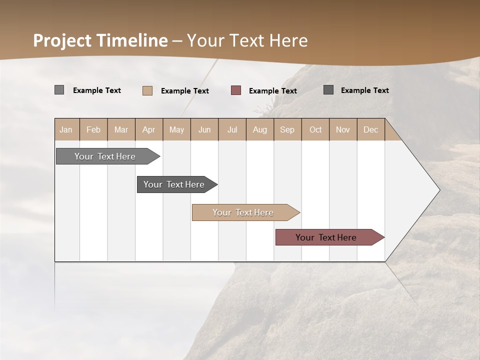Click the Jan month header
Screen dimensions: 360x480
[x=66, y=129]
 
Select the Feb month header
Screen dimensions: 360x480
[x=93, y=129]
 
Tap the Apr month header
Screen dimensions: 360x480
[x=148, y=129]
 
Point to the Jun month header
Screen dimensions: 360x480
[x=204, y=129]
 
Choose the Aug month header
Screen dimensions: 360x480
[x=259, y=129]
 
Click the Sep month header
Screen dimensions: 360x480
[x=287, y=129]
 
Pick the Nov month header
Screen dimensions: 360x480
[x=342, y=129]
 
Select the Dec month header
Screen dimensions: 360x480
[x=370, y=129]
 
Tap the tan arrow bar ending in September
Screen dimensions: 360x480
[x=243, y=212]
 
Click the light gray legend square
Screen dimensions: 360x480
[x=59, y=90]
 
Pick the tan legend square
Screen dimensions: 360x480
[x=147, y=90]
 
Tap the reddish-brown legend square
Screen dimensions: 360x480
[x=236, y=90]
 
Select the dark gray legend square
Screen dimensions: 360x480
[x=328, y=90]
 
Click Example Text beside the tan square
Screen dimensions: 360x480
[x=184, y=91]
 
